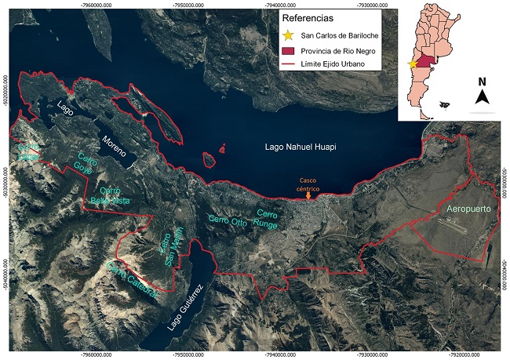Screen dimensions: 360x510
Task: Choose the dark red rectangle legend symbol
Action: click(289, 52)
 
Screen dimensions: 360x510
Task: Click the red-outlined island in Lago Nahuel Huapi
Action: click(209, 160)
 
